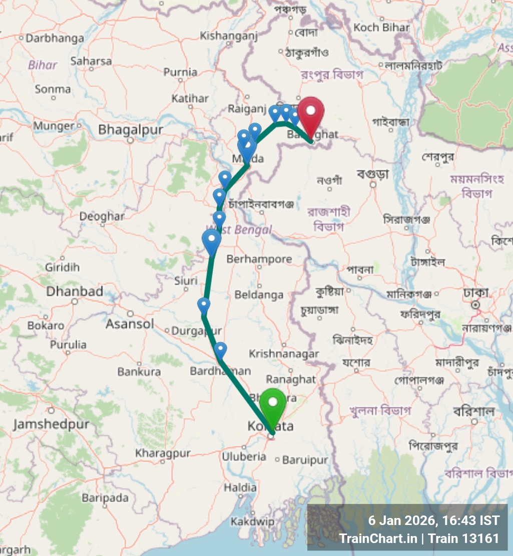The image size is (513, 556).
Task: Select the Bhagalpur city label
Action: point(130,130)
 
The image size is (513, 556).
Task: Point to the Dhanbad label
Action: point(75,291)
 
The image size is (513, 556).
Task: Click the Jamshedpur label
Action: point(51,424)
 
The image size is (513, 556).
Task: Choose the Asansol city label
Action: point(130,324)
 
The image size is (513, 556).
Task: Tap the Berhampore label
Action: point(259,259)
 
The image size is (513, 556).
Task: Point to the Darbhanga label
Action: point(55,38)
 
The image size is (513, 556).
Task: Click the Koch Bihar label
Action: point(381,27)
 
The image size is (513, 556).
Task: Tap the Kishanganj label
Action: point(229,35)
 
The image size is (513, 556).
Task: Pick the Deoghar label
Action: point(102,216)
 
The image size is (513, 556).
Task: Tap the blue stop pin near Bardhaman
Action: point(220,349)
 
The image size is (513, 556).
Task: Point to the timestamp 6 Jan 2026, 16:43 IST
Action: point(433,520)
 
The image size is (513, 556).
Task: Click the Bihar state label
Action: point(43,64)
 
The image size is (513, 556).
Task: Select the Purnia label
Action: point(180,72)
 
